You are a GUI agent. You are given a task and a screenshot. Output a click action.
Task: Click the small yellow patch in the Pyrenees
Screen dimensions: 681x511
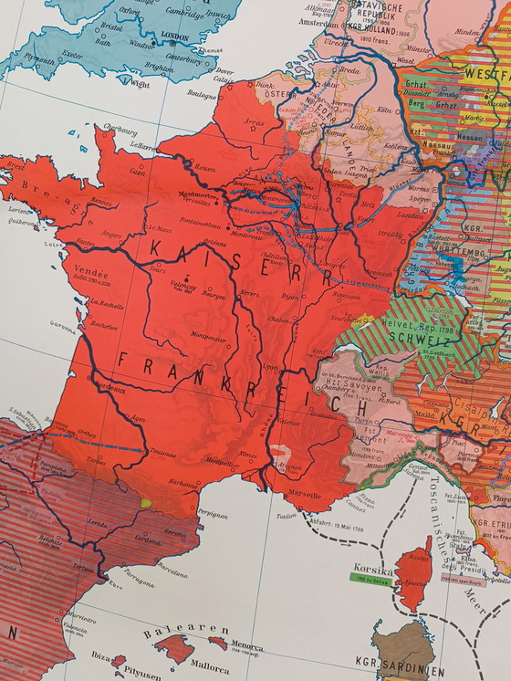coord(146,502)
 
